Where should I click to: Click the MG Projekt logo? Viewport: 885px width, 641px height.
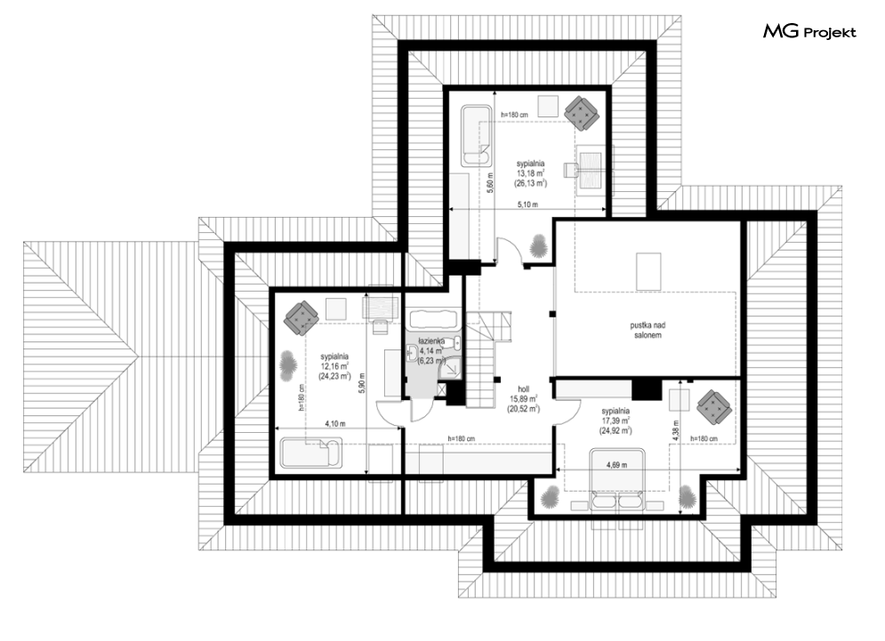[x=810, y=32]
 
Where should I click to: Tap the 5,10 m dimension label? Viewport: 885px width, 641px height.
[x=527, y=204]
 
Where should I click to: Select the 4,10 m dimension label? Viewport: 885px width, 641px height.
[x=334, y=424]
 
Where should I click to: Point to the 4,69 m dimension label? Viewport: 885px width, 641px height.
[x=616, y=465]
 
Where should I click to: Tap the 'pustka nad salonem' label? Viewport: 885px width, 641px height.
[x=647, y=330]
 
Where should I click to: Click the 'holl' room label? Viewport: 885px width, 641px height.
[x=523, y=389]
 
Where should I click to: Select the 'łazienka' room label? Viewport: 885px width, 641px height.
[x=431, y=341]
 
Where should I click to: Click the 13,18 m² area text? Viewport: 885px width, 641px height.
[x=530, y=173]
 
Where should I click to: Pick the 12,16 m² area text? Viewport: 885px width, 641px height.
[x=334, y=366]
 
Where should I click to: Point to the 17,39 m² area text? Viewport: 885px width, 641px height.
[x=615, y=421]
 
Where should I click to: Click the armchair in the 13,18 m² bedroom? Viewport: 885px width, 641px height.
[x=582, y=113]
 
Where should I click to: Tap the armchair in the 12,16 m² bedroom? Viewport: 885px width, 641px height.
[x=302, y=317]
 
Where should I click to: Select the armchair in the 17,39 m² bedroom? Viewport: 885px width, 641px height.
[x=714, y=407]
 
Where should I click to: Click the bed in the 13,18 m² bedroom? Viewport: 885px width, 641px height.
[x=476, y=135]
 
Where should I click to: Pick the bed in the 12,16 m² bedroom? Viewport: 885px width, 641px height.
[x=311, y=453]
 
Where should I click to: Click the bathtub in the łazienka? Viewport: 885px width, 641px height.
[x=433, y=320]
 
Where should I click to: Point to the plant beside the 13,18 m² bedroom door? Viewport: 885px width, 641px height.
[x=538, y=245]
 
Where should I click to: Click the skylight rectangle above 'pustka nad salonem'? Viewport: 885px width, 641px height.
[x=648, y=271]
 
